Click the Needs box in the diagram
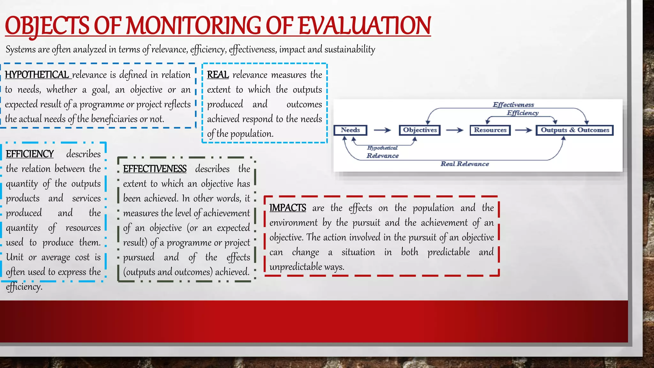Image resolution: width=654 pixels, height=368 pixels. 350,130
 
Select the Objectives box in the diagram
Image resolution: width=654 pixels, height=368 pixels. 420,130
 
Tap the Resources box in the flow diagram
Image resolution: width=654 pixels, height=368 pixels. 490,130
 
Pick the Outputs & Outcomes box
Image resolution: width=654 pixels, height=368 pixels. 574,130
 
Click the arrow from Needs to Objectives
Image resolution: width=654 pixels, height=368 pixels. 382,130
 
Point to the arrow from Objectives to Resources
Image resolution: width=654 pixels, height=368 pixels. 454,130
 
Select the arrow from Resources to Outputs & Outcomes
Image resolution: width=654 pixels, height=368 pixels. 523,130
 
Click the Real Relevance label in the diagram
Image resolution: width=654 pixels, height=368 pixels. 465,164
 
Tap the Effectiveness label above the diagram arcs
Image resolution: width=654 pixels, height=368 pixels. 513,105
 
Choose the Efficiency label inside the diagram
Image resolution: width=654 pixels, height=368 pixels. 523,113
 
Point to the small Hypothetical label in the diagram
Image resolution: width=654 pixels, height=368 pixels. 382,148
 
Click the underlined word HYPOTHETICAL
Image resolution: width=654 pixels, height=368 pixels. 37,75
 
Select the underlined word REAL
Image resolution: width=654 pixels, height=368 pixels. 218,75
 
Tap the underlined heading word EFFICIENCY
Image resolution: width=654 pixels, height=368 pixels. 30,154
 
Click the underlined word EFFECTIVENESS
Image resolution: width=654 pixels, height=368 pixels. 155,169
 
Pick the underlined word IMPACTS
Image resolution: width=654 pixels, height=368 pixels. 288,208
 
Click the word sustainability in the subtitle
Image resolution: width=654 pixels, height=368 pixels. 350,50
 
